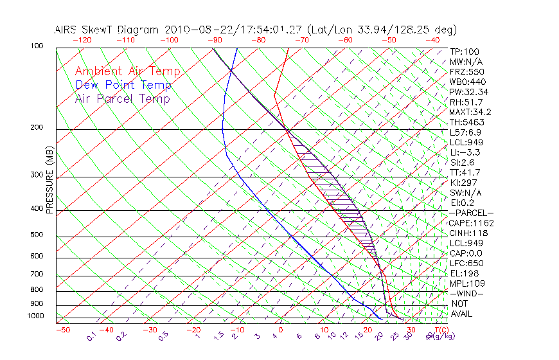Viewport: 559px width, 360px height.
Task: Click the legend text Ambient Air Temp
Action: [x=127, y=71]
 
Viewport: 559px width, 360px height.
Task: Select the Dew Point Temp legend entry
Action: [x=123, y=85]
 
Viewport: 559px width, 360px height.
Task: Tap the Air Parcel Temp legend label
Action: [x=122, y=98]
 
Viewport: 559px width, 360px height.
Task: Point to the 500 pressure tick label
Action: [x=37, y=235]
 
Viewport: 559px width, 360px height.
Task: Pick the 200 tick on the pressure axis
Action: [x=37, y=128]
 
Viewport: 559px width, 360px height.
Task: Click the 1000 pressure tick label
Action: [x=35, y=316]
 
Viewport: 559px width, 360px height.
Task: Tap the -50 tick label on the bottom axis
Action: [x=62, y=330]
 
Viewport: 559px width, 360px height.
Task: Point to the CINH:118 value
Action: [x=468, y=233]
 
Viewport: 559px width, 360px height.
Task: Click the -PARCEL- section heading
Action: [x=472, y=213]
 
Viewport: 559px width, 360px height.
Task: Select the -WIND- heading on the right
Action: [x=467, y=294]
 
